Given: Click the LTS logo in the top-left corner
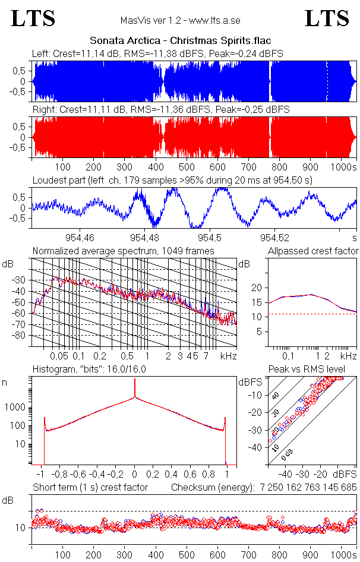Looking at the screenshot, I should (x=33, y=19).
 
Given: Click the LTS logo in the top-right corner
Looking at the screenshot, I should (x=326, y=19).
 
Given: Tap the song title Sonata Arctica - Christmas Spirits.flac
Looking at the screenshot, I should (x=180, y=41).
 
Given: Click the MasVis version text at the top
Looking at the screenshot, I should (x=180, y=20).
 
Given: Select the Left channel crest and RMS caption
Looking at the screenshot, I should (x=157, y=53).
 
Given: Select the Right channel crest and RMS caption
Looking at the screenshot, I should (x=161, y=110).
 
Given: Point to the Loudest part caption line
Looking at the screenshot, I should (x=172, y=179).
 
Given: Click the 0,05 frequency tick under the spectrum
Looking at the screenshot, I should (x=59, y=356).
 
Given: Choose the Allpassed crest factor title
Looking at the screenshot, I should (x=313, y=251).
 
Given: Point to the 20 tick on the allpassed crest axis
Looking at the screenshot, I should (x=257, y=288).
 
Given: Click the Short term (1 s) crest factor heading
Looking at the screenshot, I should (x=90, y=487).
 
